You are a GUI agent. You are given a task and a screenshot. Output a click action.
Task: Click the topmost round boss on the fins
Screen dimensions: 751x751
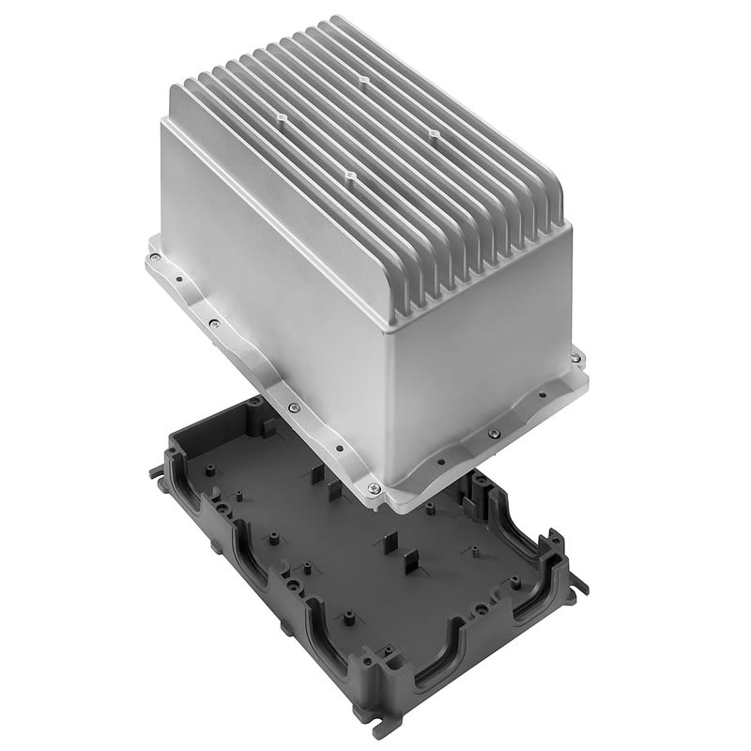pyautogui.click(x=362, y=80)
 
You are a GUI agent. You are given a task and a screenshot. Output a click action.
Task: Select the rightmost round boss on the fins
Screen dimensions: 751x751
pyautogui.click(x=434, y=134)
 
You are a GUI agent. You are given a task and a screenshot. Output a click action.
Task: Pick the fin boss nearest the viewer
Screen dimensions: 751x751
pyautogui.click(x=349, y=176)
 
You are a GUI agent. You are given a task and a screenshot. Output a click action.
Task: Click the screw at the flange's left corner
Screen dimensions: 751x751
pyautogui.click(x=152, y=254)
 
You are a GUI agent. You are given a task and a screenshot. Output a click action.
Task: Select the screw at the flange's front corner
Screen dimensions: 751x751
pyautogui.click(x=375, y=487)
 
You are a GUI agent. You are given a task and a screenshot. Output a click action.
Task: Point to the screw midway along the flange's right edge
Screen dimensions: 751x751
pyautogui.click(x=495, y=433)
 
